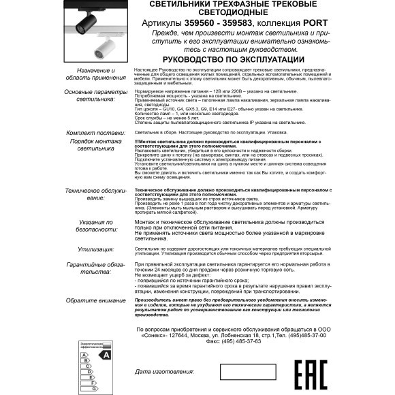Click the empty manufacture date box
pyautogui.click(x=247, y=372)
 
